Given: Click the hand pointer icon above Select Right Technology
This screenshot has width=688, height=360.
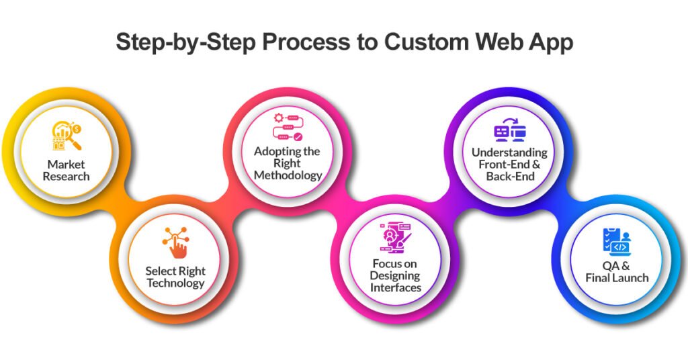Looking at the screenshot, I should click(175, 243).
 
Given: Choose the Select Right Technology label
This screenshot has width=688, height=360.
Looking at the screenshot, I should click(175, 277).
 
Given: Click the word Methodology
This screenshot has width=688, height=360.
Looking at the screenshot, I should click(288, 175).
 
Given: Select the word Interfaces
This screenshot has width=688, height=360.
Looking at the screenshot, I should click(396, 287).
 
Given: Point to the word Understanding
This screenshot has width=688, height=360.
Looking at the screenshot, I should click(509, 153).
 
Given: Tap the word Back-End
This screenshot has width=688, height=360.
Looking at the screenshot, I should click(509, 176).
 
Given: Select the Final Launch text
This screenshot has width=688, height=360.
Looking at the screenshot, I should click(617, 277).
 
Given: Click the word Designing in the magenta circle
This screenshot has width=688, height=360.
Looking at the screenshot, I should click(396, 275).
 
